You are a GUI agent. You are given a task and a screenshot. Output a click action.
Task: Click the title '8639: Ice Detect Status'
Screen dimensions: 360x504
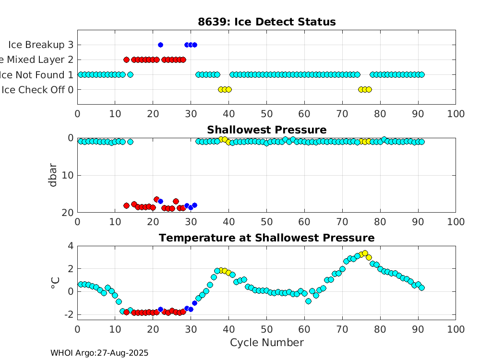tap(266, 22)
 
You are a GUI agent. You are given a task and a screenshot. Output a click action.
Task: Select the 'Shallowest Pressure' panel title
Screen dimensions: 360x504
tap(266, 130)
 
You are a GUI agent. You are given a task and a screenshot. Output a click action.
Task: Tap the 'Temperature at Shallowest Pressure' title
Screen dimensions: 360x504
tap(266, 238)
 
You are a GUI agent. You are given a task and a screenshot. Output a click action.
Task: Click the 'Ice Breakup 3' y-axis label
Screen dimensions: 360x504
tap(41, 45)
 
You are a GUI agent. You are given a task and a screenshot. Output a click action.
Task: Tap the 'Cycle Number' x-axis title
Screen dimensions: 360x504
tap(266, 342)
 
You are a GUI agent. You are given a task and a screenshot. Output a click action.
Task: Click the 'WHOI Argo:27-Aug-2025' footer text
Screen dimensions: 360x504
tap(99, 353)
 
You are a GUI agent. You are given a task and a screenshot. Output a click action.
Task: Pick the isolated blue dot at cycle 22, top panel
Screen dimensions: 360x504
tap(160, 45)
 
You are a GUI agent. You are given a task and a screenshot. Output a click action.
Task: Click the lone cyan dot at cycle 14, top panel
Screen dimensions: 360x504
tap(130, 74)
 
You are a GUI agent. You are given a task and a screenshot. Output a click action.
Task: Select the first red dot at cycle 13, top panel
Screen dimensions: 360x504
tap(126, 60)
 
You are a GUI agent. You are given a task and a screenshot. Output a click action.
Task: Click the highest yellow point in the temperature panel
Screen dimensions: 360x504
tap(365, 253)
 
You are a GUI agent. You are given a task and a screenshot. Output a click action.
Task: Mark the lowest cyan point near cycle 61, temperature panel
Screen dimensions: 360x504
tap(308, 301)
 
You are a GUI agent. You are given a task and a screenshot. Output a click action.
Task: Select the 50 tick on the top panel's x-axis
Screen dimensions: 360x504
tap(266, 114)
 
